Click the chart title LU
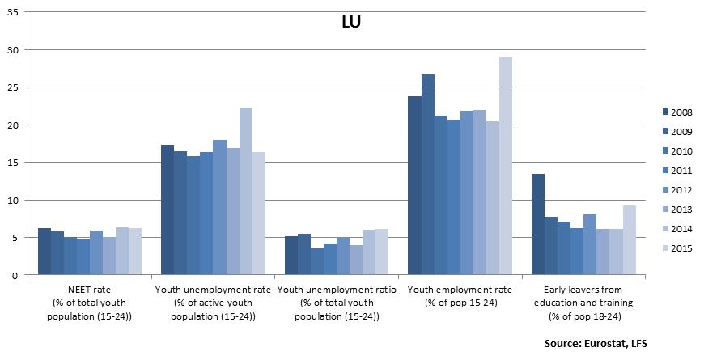click(350, 22)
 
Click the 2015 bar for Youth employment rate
click(505, 166)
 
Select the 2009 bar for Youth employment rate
click(427, 175)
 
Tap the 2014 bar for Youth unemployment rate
click(246, 191)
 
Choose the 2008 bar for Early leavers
click(538, 224)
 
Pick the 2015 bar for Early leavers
click(629, 240)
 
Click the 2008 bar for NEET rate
click(45, 252)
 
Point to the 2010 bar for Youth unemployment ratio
click(316, 261)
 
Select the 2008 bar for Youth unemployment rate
click(168, 210)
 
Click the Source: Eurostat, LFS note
click(596, 344)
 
